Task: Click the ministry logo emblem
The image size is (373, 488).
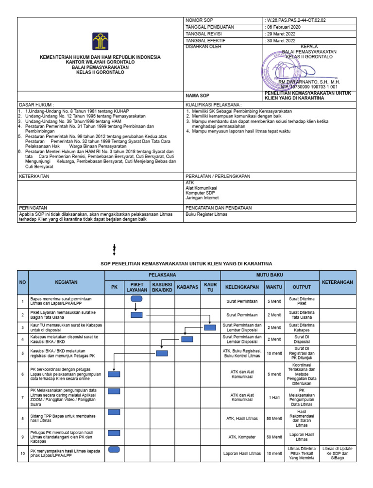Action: click(100, 41)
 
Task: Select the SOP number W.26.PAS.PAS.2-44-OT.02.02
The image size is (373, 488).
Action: click(295, 20)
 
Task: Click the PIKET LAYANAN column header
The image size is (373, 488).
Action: click(137, 287)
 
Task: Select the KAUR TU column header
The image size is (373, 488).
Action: click(210, 287)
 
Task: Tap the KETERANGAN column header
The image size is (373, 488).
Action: click(337, 282)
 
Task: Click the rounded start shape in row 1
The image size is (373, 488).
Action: click(136, 299)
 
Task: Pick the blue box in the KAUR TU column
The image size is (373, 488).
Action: click(210, 327)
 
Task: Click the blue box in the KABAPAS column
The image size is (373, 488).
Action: click(187, 340)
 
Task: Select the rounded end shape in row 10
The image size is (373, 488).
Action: click(114, 450)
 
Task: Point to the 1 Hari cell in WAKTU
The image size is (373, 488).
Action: click(274, 397)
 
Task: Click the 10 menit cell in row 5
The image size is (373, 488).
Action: click(274, 354)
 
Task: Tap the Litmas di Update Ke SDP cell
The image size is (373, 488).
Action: click(337, 453)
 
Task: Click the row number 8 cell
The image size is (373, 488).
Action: click(22, 418)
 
